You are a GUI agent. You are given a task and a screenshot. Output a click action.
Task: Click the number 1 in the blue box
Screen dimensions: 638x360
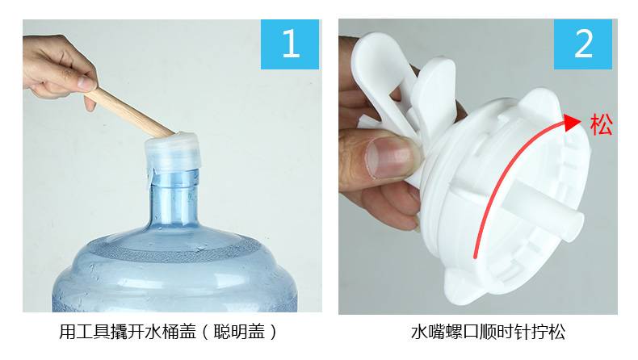coord(291,44)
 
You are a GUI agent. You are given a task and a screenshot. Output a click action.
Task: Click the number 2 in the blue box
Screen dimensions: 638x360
coord(583,44)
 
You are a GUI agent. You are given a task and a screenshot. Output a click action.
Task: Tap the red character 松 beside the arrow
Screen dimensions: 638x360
coord(602,124)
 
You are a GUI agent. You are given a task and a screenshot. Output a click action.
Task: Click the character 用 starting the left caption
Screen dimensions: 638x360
coord(67,332)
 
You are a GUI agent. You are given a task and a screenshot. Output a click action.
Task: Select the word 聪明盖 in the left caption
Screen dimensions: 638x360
coord(238,332)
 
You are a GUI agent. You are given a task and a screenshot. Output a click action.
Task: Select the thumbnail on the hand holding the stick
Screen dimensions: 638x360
coord(86,83)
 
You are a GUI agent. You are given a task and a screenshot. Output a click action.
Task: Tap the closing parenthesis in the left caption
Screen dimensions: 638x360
coord(273,332)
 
